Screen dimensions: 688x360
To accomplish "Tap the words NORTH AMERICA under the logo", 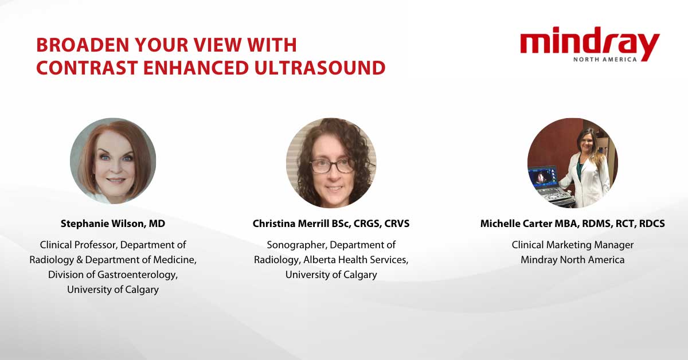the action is (x=605, y=59).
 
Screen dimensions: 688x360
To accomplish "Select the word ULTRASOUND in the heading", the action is (x=320, y=68).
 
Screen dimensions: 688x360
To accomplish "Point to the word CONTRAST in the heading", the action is (x=87, y=68).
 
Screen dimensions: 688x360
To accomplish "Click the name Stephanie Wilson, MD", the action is (x=113, y=224).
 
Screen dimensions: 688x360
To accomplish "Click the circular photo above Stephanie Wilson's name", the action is (x=113, y=161).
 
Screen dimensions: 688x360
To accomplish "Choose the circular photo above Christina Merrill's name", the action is (x=331, y=163).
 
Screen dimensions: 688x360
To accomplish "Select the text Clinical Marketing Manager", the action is (x=573, y=245).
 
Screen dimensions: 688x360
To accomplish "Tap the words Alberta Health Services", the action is (x=355, y=260).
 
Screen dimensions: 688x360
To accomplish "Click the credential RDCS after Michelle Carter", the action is (x=652, y=224).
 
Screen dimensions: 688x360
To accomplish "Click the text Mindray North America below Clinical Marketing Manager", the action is (x=573, y=260).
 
